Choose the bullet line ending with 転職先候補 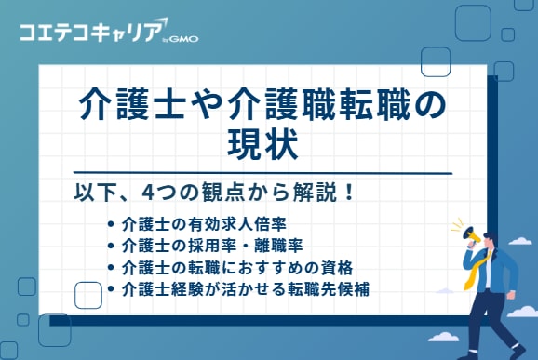(246, 288)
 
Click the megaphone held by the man (468, 237)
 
